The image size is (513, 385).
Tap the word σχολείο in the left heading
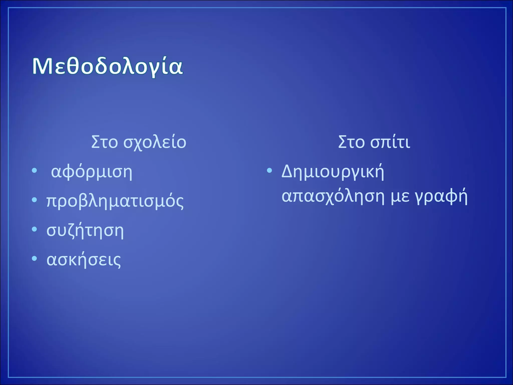(x=155, y=142)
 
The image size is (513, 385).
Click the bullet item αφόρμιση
(x=91, y=172)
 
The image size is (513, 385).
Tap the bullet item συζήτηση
(x=85, y=231)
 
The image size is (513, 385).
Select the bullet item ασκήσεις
(x=84, y=260)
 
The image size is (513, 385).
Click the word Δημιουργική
(x=333, y=172)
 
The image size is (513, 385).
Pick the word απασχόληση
(x=333, y=197)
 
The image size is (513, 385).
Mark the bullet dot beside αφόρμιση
(x=35, y=171)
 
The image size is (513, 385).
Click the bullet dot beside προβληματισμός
(x=35, y=200)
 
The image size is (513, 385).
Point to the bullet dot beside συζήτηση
(x=35, y=229)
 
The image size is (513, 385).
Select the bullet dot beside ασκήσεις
(x=35, y=258)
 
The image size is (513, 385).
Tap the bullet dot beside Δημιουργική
(x=269, y=171)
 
